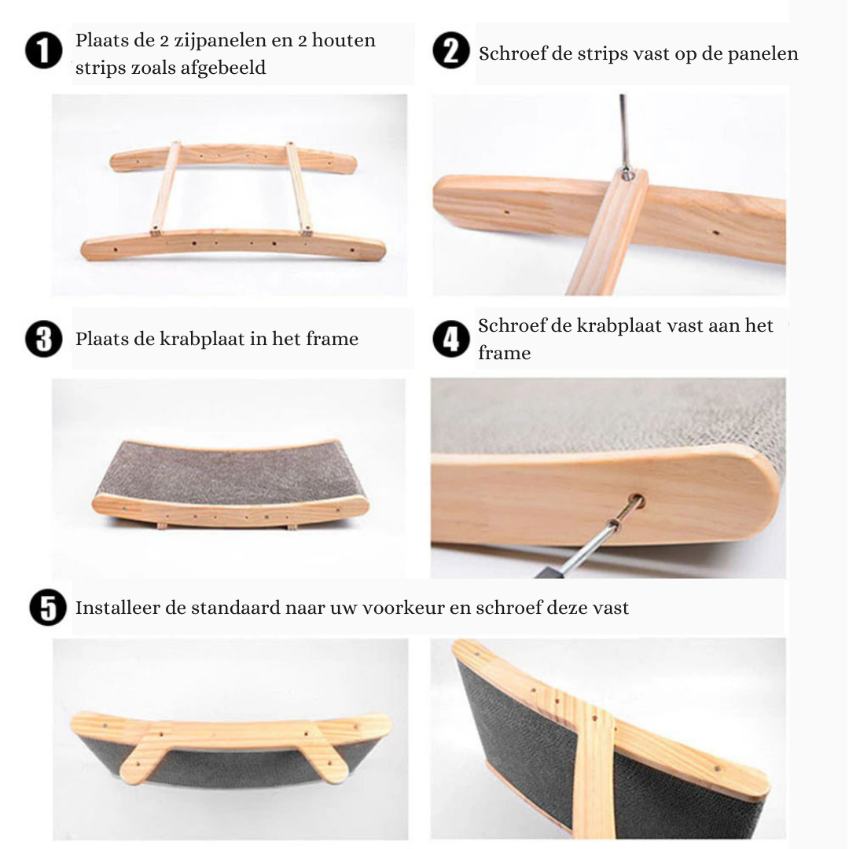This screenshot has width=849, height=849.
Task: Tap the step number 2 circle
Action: pyautogui.click(x=451, y=52)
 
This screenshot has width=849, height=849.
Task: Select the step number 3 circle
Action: pyautogui.click(x=44, y=339)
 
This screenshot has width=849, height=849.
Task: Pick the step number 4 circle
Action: pyautogui.click(x=451, y=339)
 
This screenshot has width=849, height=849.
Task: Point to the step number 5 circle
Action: pyautogui.click(x=48, y=608)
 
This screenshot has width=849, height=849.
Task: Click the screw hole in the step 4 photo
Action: pyautogui.click(x=635, y=501)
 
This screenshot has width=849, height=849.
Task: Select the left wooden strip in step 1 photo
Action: pyautogui.click(x=166, y=189)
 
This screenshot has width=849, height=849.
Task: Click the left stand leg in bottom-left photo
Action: pyautogui.click(x=146, y=755)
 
